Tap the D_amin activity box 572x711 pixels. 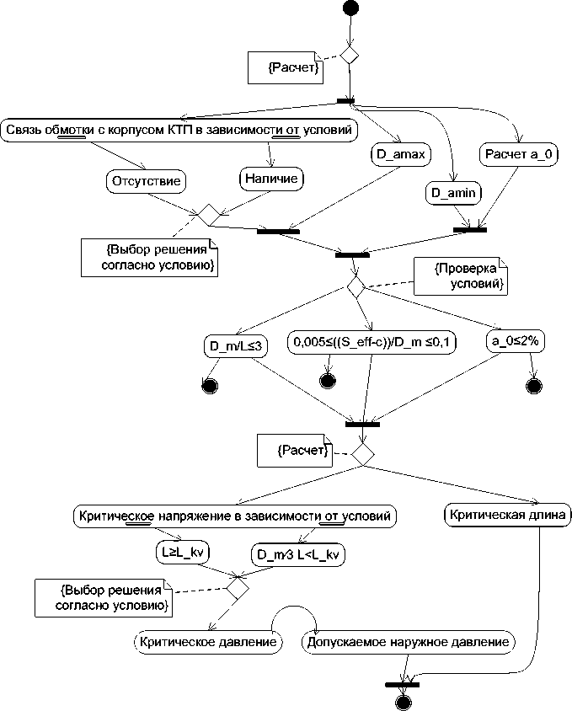pyautogui.click(x=453, y=194)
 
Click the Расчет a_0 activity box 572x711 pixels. pyautogui.click(x=519, y=155)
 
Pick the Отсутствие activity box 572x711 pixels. pyautogui.click(x=146, y=179)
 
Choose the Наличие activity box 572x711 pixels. pyautogui.click(x=270, y=179)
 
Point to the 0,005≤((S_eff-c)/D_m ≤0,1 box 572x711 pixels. pyautogui.click(x=372, y=342)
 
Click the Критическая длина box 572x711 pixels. pyautogui.click(x=507, y=513)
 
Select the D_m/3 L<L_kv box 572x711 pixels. pyautogui.click(x=300, y=553)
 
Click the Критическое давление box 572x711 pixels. pyautogui.click(x=208, y=642)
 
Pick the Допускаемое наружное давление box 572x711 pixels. pyautogui.click(x=408, y=642)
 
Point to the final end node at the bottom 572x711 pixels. pyautogui.click(x=403, y=703)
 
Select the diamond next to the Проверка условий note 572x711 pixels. pyautogui.click(x=355, y=287)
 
